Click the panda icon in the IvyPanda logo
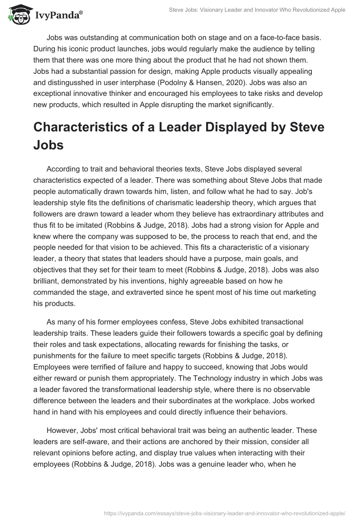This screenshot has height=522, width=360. [x=17, y=15]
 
